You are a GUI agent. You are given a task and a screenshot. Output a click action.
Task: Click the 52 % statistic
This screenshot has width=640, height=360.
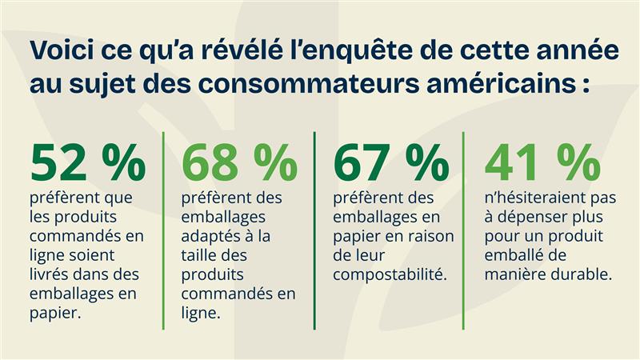[88, 162]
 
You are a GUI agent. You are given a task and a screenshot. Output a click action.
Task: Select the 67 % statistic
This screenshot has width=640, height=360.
[391, 162]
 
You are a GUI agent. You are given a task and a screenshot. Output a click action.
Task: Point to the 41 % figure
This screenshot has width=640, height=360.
[542, 162]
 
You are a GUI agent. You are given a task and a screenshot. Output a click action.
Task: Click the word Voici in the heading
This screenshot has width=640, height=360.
[60, 50]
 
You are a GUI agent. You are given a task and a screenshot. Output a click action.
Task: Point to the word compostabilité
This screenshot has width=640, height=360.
[390, 274]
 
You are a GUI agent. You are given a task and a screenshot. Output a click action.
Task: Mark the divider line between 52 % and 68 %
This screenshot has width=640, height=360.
[164, 232]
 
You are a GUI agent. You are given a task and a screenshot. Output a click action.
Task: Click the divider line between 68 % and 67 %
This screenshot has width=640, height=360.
[314, 232]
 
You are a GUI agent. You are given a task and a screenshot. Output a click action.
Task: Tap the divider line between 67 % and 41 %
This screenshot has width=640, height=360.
[465, 232]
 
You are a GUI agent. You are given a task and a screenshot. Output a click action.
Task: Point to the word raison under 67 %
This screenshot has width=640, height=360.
[430, 236]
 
